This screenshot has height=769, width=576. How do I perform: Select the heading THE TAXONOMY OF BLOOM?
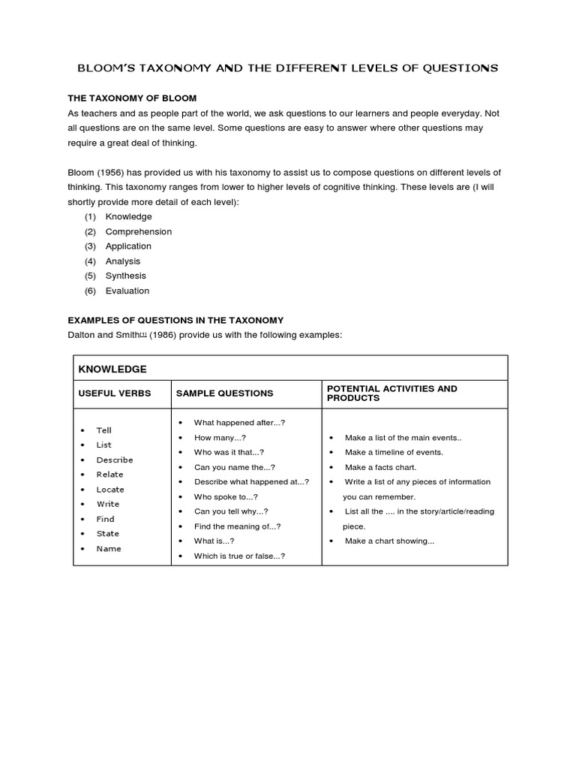click(x=132, y=98)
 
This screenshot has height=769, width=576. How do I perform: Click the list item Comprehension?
click(x=138, y=231)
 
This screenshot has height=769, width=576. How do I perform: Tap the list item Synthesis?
click(x=125, y=276)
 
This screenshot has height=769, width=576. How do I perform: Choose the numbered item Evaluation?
click(x=127, y=291)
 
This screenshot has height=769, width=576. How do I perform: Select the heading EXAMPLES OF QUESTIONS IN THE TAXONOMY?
click(x=175, y=320)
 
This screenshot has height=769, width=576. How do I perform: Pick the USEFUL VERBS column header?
click(x=115, y=394)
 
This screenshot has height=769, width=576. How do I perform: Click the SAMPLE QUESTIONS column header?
click(x=224, y=394)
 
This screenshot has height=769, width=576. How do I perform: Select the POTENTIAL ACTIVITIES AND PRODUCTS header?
click(x=391, y=393)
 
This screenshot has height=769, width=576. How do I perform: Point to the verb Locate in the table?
click(x=110, y=490)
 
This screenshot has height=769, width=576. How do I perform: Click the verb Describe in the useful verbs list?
click(x=114, y=460)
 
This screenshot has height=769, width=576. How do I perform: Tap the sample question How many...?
click(x=220, y=437)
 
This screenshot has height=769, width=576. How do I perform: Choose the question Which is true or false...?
click(x=239, y=556)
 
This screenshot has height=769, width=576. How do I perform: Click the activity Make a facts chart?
click(x=380, y=467)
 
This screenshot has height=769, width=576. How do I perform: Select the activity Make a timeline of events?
click(x=394, y=452)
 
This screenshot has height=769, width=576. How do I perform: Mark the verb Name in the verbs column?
click(x=108, y=548)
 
